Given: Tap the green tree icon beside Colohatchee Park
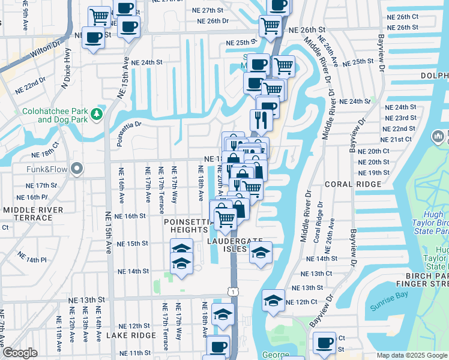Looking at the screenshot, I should click(x=97, y=114).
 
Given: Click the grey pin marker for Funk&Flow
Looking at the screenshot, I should click(x=76, y=170).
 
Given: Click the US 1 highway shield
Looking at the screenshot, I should click(x=232, y=291).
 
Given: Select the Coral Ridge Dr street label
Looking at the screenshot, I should click(x=316, y=222).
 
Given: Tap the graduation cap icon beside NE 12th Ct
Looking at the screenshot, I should click(x=273, y=300).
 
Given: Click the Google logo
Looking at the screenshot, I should click(x=19, y=353).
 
